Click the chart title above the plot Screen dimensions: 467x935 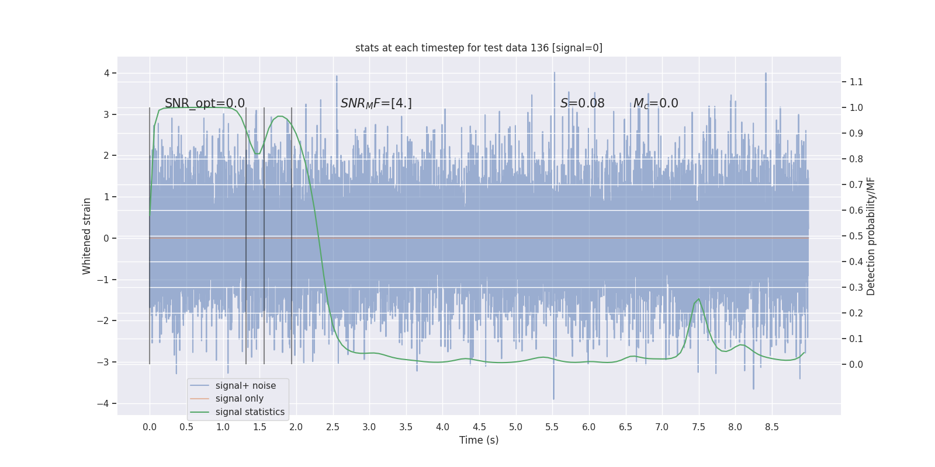(x=479, y=48)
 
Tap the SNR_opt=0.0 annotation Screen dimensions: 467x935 (x=205, y=103)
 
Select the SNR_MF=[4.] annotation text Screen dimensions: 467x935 (x=376, y=103)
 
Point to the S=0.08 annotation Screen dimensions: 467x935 (x=582, y=103)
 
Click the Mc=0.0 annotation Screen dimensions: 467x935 (x=656, y=103)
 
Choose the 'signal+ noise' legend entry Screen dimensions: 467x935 (x=245, y=386)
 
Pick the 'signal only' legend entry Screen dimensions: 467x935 (x=239, y=399)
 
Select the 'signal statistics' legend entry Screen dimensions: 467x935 (x=250, y=412)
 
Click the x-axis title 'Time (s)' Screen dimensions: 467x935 (x=479, y=440)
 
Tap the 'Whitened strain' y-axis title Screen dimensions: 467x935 (x=86, y=236)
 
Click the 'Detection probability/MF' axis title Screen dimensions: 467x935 (x=871, y=236)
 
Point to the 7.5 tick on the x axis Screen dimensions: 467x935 (x=698, y=427)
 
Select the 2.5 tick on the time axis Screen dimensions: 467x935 (x=333, y=427)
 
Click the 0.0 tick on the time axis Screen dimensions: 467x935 (x=150, y=427)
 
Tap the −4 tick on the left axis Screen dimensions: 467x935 (x=106, y=403)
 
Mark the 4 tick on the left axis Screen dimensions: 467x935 (x=107, y=73)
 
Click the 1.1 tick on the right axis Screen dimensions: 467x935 (x=856, y=82)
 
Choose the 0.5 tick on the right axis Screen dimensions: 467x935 (x=856, y=236)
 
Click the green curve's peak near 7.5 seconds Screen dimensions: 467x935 (x=698, y=299)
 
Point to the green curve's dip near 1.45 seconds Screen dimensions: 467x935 (x=257, y=154)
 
